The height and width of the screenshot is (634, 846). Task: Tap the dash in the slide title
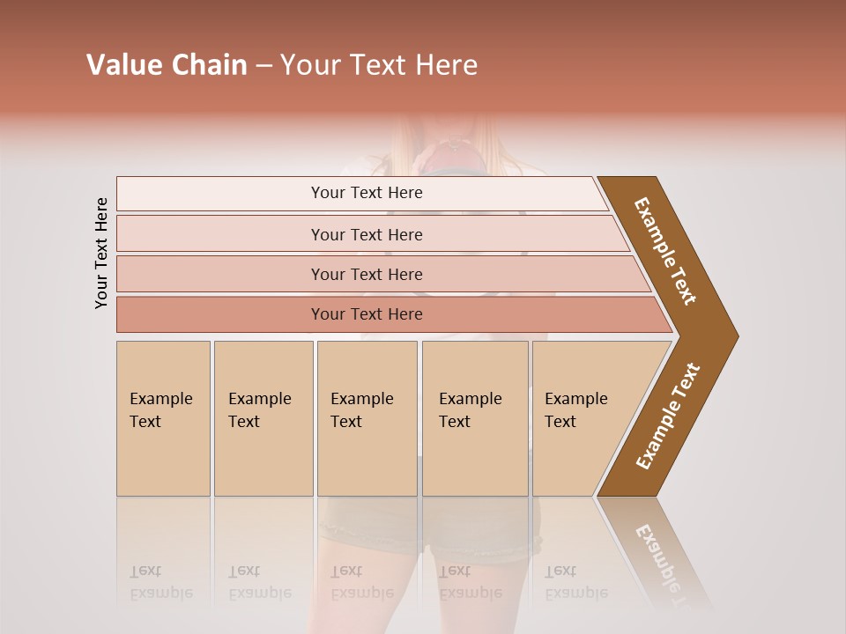(263, 66)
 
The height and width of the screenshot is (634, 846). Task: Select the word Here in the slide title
(446, 65)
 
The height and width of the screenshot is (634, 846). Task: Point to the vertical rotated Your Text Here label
(101, 253)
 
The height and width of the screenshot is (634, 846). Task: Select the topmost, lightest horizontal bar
(367, 193)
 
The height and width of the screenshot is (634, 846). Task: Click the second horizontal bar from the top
(367, 234)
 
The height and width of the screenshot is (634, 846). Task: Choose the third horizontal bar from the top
(367, 274)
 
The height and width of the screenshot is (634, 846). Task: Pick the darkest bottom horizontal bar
(367, 314)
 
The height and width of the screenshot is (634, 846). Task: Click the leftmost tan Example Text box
(163, 418)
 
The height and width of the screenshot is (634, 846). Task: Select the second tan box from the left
(263, 418)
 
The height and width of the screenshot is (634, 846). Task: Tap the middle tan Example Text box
(367, 418)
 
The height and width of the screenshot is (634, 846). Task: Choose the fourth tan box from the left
(475, 418)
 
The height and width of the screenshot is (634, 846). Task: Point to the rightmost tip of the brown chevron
(736, 335)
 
